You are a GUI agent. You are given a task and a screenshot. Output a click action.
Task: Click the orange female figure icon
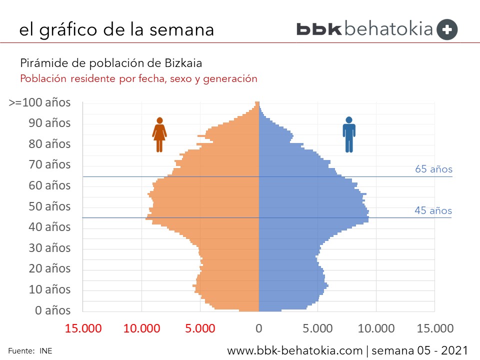(159, 134)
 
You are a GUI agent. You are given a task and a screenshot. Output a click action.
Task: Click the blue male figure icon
(349, 134)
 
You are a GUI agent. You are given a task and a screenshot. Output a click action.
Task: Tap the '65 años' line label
(433, 169)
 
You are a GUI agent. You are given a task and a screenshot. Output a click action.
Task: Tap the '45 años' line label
(433, 210)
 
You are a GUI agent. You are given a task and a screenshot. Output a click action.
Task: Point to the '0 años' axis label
(53, 310)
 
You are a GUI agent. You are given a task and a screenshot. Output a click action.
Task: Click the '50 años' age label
(49, 206)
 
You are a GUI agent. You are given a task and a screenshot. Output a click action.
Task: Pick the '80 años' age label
(49, 144)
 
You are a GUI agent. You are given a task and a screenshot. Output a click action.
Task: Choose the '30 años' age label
(49, 248)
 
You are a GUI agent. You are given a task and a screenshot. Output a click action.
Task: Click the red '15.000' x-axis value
(83, 328)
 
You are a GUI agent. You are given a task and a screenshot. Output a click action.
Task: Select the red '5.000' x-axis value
(200, 328)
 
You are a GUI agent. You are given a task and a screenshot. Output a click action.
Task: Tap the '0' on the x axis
(259, 328)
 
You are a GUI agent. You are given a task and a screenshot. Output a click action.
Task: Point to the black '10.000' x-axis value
(376, 328)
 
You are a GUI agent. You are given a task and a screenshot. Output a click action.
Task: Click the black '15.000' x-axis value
(434, 328)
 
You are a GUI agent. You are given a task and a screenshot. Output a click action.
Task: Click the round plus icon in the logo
(447, 29)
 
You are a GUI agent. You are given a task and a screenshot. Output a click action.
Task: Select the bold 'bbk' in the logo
(319, 29)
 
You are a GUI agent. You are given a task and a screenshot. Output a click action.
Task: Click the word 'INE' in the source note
(46, 351)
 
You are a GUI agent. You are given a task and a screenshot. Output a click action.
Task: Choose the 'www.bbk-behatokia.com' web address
(294, 350)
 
